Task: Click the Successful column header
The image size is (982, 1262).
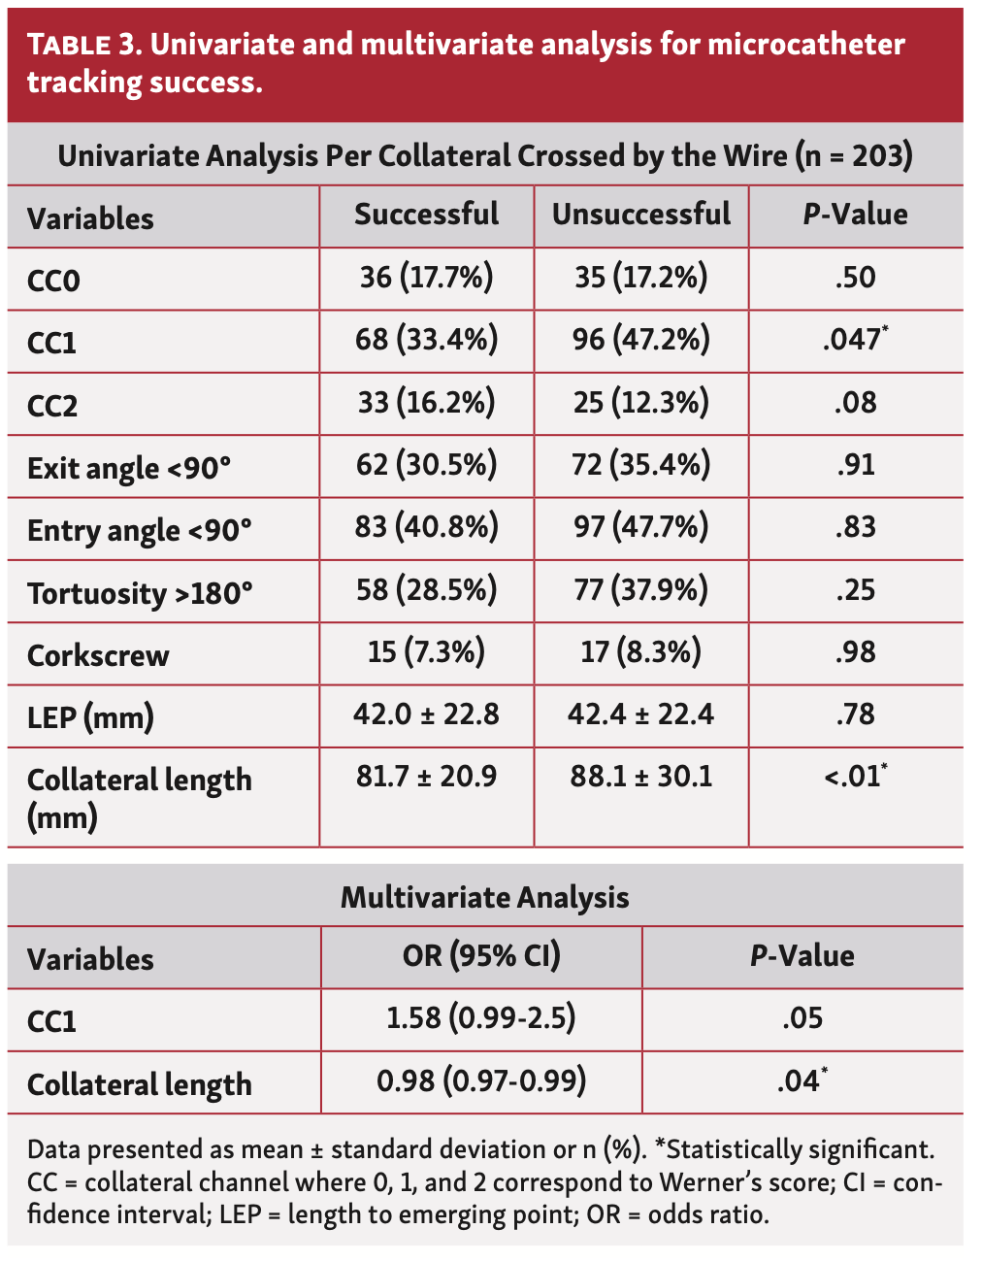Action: coord(426,215)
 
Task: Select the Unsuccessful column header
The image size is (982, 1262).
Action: coord(640,215)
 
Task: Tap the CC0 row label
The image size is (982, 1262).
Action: coord(53,281)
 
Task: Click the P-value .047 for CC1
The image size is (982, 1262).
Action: coord(854,340)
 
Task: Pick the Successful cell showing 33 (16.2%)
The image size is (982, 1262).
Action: coord(426,402)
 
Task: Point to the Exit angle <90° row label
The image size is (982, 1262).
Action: coord(129,469)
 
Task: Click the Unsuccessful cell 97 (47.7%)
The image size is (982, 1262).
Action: coord(640,527)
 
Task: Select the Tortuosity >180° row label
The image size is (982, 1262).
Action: coord(140,593)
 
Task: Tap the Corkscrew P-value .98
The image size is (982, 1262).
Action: coord(855,652)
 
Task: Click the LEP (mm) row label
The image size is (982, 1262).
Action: coord(90,718)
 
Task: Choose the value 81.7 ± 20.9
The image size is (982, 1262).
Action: coord(426,777)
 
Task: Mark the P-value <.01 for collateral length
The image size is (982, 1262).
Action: coord(854,777)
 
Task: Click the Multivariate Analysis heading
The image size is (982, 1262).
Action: coord(484,897)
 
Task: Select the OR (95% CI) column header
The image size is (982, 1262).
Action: coord(481,956)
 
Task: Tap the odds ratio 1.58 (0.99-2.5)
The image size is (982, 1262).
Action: coord(481,1018)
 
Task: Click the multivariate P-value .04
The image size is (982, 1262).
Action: coord(801,1080)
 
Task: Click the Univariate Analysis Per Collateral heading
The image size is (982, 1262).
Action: coord(484,156)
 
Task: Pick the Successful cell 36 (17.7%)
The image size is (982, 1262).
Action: coord(426,278)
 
